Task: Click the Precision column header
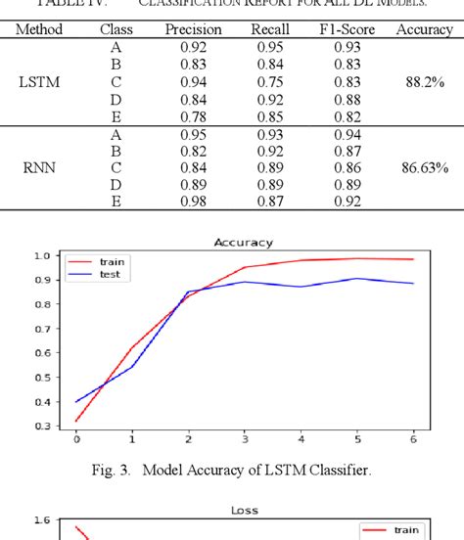click(x=193, y=30)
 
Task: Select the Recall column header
click(x=269, y=30)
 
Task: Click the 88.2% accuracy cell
click(x=425, y=82)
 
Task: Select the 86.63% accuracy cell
click(x=425, y=167)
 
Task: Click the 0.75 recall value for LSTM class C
click(x=269, y=82)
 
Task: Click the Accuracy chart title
click(x=243, y=242)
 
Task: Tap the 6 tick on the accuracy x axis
click(x=413, y=439)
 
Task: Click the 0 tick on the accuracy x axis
click(x=76, y=439)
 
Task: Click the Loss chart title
click(x=243, y=509)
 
